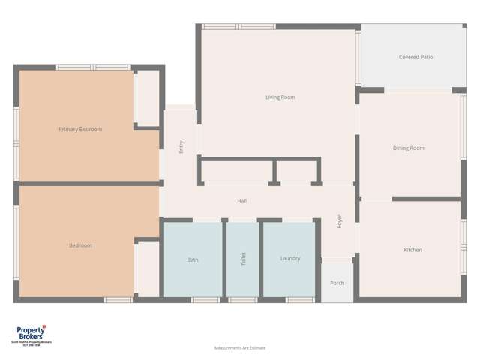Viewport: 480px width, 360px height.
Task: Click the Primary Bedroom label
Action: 80,130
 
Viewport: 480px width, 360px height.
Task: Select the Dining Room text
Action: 409,148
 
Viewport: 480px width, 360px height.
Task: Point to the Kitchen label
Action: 412,250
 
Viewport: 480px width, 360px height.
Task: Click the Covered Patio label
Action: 415,57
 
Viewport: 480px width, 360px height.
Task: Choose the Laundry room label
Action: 290,259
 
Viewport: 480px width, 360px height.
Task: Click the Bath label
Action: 193,259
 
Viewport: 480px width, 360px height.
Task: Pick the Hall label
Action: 242,201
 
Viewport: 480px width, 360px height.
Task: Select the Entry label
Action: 181,148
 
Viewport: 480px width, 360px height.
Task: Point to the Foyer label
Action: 339,222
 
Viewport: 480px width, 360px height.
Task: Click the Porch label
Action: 337,283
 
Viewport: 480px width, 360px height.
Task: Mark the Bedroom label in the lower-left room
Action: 80,245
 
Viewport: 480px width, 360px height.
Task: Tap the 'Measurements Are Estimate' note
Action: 240,348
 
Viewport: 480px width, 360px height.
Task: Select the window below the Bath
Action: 205,300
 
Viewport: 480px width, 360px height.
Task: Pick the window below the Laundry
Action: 299,300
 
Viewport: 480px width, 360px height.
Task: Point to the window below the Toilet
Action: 242,300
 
